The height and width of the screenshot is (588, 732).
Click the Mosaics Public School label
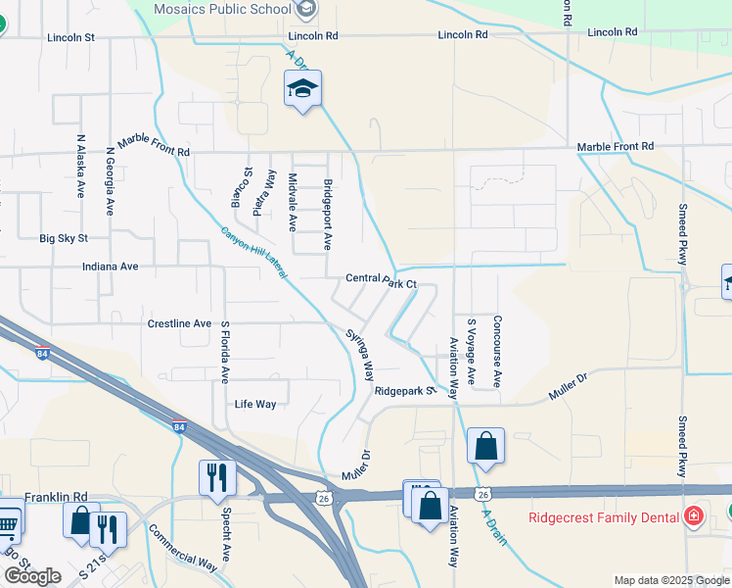223,9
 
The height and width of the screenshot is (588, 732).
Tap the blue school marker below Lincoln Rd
303,91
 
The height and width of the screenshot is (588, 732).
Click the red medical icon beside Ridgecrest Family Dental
694,515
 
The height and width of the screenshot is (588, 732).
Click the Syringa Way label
359,355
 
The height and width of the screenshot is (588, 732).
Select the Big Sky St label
64,238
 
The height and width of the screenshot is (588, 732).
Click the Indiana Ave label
111,266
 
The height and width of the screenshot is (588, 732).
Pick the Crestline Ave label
179,323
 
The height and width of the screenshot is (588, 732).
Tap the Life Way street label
255,404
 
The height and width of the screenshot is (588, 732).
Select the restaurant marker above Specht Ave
216,479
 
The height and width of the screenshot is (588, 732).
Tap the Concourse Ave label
497,350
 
